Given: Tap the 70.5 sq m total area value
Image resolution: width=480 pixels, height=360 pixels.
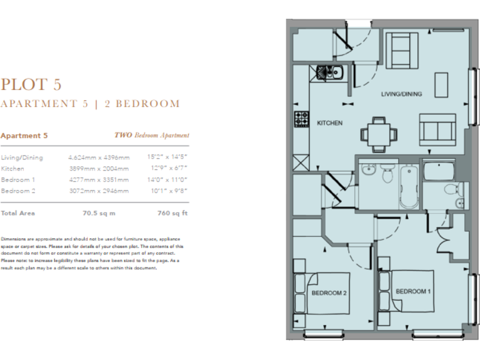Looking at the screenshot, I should [99, 213].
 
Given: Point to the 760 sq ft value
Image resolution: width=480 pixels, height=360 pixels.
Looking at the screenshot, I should [172, 213].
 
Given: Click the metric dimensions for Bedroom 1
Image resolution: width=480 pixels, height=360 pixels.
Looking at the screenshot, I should [99, 179].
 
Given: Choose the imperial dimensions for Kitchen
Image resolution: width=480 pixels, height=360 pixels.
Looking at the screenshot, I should [167, 169].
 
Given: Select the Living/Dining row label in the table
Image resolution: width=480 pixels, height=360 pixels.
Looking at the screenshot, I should [22, 157].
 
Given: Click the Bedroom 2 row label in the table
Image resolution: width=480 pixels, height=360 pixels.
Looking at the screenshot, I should [18, 191].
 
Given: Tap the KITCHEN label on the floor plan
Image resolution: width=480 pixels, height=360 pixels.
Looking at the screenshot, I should [329, 123].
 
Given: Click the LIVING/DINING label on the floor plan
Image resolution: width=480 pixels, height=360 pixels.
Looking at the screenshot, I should [402, 94].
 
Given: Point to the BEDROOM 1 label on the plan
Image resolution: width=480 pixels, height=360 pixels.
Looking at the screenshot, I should [412, 291].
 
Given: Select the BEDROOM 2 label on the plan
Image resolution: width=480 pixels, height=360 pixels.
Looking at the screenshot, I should [329, 292].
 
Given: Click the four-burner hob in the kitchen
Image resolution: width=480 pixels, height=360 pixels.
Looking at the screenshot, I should [302, 117].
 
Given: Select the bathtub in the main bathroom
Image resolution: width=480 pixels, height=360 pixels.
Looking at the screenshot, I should [409, 186].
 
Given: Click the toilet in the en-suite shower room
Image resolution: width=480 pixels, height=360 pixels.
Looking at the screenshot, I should [450, 190].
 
